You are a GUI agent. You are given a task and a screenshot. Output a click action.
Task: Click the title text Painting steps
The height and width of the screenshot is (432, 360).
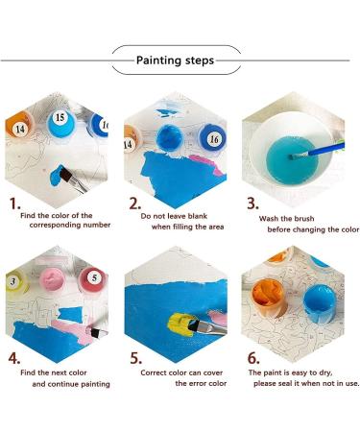(174, 60)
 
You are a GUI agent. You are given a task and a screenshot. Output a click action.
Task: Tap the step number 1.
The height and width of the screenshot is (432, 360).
(14, 204)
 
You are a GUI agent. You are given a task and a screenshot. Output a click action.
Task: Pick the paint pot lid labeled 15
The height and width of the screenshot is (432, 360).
(59, 118)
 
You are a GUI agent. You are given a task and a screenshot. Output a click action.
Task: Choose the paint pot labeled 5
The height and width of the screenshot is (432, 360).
(94, 278)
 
